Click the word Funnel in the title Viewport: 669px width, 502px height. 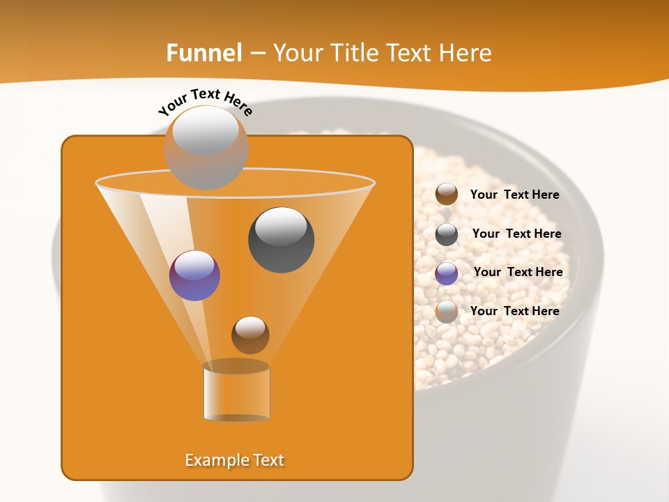pos(204,53)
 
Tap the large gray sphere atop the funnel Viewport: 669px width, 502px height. pos(206,147)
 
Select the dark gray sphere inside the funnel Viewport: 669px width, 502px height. pos(282,240)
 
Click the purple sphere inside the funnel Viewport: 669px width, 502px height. pos(194,275)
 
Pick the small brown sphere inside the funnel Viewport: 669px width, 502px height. pos(250,335)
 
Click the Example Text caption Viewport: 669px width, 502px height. pos(234,460)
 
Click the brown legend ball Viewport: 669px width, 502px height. pos(447,195)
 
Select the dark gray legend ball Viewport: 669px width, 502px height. pos(447,234)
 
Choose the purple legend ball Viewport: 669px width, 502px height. pos(447,273)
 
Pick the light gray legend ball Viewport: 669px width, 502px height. pos(447,312)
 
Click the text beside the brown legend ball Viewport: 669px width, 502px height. pos(514,195)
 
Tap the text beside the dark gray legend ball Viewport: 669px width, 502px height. pos(516,234)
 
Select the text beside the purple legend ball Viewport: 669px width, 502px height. pos(518,273)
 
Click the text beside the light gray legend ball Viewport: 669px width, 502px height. pos(514,312)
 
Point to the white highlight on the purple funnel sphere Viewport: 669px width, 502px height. pos(194,265)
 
